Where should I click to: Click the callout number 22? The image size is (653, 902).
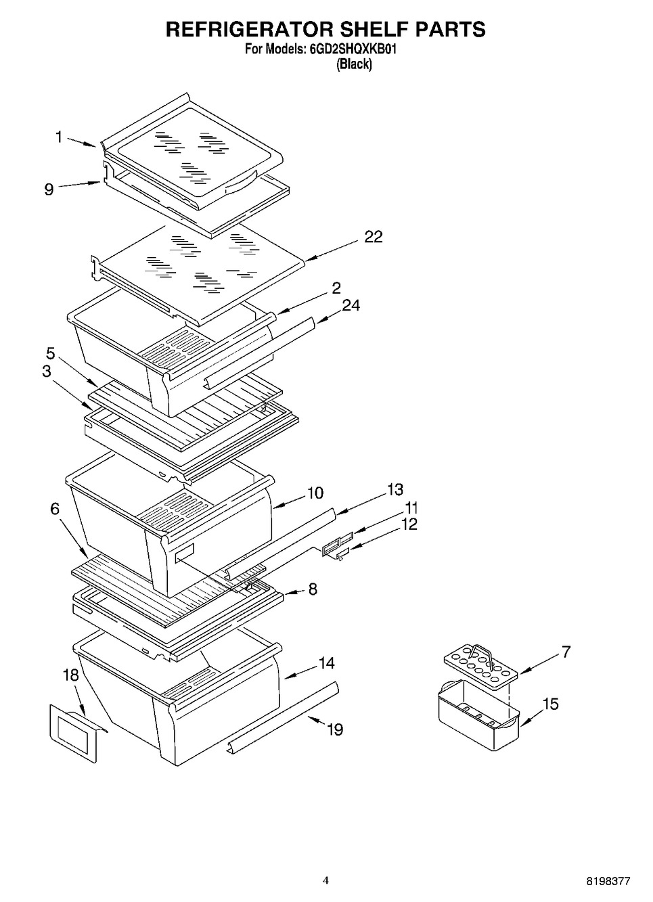coord(374,237)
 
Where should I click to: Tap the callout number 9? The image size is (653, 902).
coord(49,189)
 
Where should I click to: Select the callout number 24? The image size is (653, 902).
coord(351,305)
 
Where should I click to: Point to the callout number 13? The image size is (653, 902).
coord(395,490)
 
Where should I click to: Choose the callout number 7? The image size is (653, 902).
coord(566,652)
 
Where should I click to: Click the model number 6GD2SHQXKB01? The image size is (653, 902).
coord(353,49)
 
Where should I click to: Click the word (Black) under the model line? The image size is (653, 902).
coord(354,64)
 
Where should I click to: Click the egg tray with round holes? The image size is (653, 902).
coord(480,664)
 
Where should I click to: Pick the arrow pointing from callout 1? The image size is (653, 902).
coord(82,143)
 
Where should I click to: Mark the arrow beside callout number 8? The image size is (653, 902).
coord(294,591)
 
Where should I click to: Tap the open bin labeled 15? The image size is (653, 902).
coord(478,714)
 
